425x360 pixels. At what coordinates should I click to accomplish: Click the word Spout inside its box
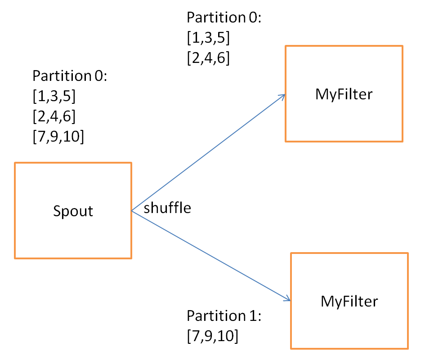coord(73,211)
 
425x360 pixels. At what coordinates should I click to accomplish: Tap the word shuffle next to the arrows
coord(167,208)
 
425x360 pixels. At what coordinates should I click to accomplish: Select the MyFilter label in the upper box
coord(344,95)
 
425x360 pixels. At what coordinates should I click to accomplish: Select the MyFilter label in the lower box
coord(349,302)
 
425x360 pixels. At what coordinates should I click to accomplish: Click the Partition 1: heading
coord(224,316)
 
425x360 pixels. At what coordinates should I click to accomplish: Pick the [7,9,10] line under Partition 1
coord(212,336)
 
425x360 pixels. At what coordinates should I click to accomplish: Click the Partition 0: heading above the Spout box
coord(70,76)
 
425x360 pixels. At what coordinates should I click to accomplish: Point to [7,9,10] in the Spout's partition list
coord(58,136)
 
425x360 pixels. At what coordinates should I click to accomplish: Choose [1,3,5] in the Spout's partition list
coord(54,96)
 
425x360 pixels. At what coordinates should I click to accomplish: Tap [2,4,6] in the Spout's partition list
coord(54,116)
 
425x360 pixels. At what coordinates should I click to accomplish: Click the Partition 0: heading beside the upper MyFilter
coord(224,18)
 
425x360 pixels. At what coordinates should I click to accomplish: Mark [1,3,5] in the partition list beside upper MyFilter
coord(208,37)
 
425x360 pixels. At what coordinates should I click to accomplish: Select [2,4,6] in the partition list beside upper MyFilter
coord(208,58)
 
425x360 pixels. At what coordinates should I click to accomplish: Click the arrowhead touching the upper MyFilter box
coord(283,96)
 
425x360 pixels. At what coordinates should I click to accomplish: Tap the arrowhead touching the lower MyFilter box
coord(288,299)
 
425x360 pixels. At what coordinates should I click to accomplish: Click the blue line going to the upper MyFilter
coord(208,152)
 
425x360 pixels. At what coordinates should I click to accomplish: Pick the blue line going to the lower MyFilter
coord(211,255)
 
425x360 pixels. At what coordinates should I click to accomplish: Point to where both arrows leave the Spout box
coord(132,211)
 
